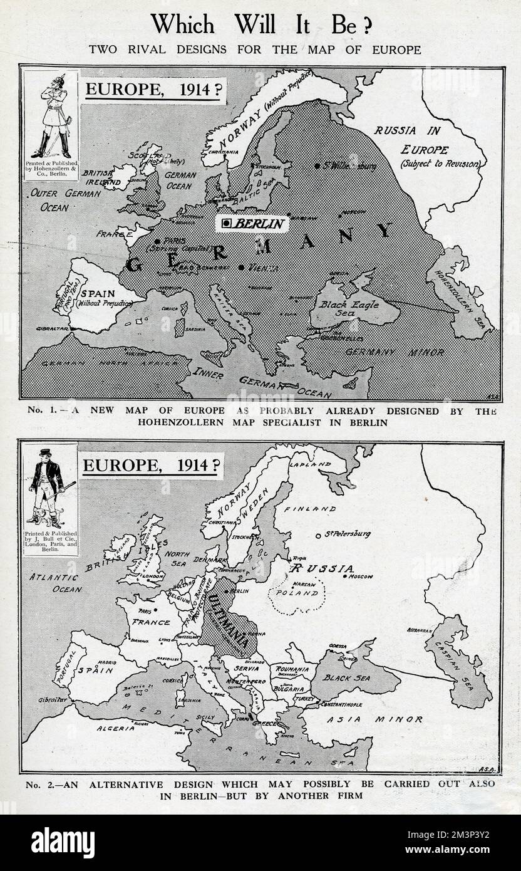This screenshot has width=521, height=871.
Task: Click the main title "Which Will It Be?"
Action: [260, 24]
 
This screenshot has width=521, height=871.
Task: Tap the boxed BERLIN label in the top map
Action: [252, 223]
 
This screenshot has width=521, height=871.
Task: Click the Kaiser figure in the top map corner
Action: [51, 119]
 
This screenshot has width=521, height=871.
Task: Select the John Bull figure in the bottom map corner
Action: [51, 486]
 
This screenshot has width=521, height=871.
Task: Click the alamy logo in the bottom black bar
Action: [63, 843]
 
